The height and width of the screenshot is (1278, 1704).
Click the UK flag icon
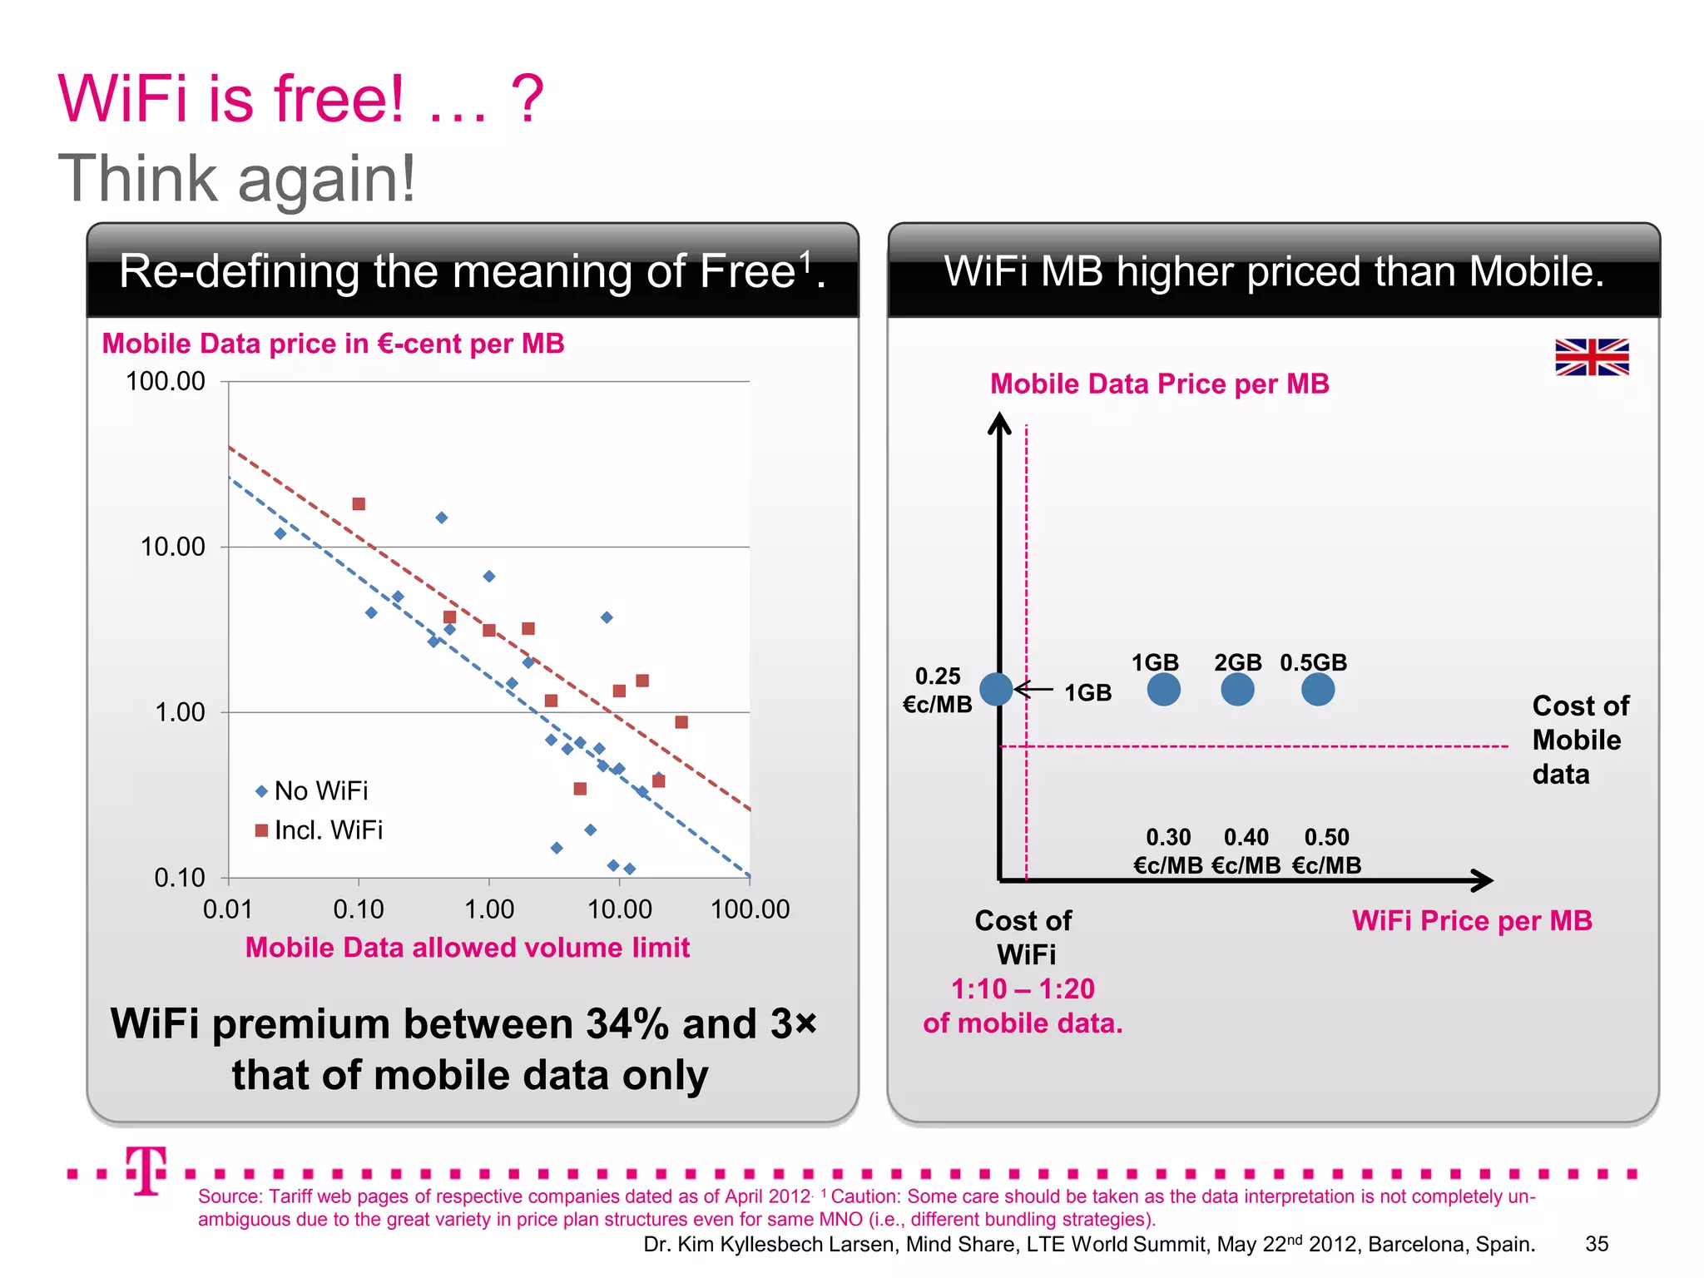pos(1592,357)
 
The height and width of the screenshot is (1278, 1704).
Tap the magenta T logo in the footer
pos(146,1170)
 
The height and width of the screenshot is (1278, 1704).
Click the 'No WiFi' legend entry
pos(311,790)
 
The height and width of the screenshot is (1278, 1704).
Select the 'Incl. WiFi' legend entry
pos(319,830)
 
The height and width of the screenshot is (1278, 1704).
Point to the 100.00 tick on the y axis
pos(165,381)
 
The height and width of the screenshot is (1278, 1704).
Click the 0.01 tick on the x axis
pos(227,909)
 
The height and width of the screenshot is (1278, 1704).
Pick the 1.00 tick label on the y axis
pos(180,712)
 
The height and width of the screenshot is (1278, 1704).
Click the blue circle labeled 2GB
pos(1237,689)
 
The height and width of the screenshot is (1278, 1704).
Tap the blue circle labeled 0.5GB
pos(1317,689)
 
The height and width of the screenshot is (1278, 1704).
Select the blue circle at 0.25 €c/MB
pos(996,689)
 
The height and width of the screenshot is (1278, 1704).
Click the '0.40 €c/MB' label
pos(1246,850)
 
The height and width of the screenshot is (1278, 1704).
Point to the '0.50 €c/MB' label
pos(1326,850)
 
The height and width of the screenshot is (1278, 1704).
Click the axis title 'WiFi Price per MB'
pos(1471,920)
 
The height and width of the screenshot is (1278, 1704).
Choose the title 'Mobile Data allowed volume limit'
pos(467,947)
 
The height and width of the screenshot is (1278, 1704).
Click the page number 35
pos(1597,1244)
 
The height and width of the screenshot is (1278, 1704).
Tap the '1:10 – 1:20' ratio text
pos(1023,988)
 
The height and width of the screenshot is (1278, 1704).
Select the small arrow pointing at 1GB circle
pos(1034,690)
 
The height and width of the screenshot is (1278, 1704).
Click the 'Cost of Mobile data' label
pos(1579,740)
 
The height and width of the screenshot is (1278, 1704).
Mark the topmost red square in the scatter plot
pos(359,504)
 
